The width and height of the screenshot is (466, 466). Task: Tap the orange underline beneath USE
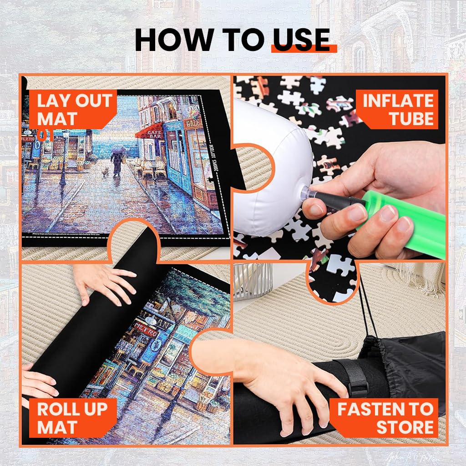304,49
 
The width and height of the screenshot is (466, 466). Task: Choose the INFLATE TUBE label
397,109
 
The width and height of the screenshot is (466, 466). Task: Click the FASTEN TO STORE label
385,418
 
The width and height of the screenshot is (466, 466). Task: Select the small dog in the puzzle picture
105,172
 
